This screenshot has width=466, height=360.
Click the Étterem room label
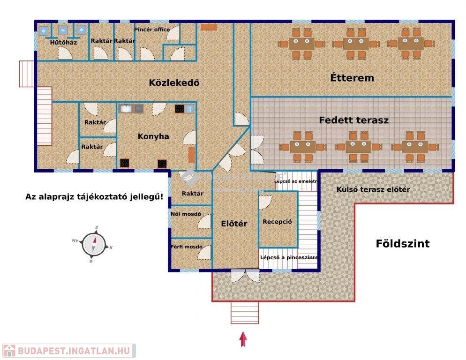(352, 78)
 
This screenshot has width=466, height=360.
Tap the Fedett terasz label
(353, 120)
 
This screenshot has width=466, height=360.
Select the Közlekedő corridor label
(174, 83)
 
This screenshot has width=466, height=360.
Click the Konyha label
(153, 136)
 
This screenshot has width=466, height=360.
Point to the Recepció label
(278, 222)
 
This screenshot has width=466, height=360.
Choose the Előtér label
(234, 224)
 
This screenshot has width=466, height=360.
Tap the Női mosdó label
(186, 214)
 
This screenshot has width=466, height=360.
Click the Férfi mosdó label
(187, 247)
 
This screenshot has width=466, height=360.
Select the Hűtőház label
(63, 42)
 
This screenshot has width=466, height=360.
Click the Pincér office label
(152, 30)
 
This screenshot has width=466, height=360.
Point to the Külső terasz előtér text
(373, 189)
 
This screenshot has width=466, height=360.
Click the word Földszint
(402, 244)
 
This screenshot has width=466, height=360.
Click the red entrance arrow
(243, 339)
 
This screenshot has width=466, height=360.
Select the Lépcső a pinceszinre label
(289, 257)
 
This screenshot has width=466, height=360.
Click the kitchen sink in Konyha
(126, 109)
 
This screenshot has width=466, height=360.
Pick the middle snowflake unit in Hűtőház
(63, 30)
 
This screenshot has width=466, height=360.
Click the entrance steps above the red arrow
(245, 313)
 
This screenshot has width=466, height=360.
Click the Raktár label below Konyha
(193, 193)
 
